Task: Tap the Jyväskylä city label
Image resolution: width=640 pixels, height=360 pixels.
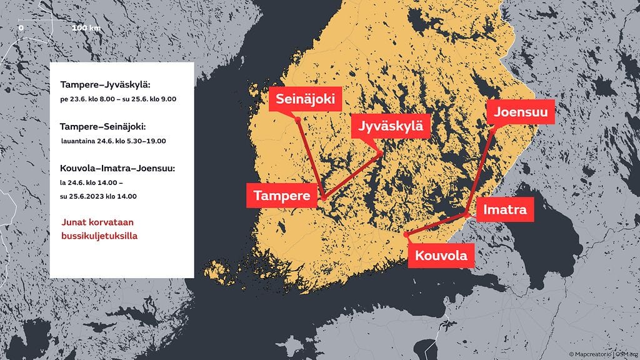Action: point(391,126)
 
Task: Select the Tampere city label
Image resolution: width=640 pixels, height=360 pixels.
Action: point(282,196)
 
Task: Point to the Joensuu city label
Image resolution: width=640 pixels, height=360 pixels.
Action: point(520,112)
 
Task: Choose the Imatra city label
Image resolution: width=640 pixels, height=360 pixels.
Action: point(505,210)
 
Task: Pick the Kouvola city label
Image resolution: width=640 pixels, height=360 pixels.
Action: point(441,255)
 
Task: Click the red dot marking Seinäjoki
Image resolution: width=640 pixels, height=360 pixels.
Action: point(298,119)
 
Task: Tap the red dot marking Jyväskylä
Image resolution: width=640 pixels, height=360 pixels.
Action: point(379,154)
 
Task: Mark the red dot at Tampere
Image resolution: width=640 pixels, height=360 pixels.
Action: point(323,198)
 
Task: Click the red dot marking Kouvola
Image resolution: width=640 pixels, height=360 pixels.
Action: point(407,234)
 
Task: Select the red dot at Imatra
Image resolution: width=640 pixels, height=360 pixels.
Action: point(467,214)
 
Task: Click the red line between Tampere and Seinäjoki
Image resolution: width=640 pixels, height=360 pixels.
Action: point(311,159)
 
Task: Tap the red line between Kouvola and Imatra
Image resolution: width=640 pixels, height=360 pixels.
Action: point(437,224)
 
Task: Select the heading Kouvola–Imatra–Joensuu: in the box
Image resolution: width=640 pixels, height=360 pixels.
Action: point(117,169)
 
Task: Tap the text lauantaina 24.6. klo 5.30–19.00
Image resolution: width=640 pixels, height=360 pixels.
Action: point(113,141)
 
